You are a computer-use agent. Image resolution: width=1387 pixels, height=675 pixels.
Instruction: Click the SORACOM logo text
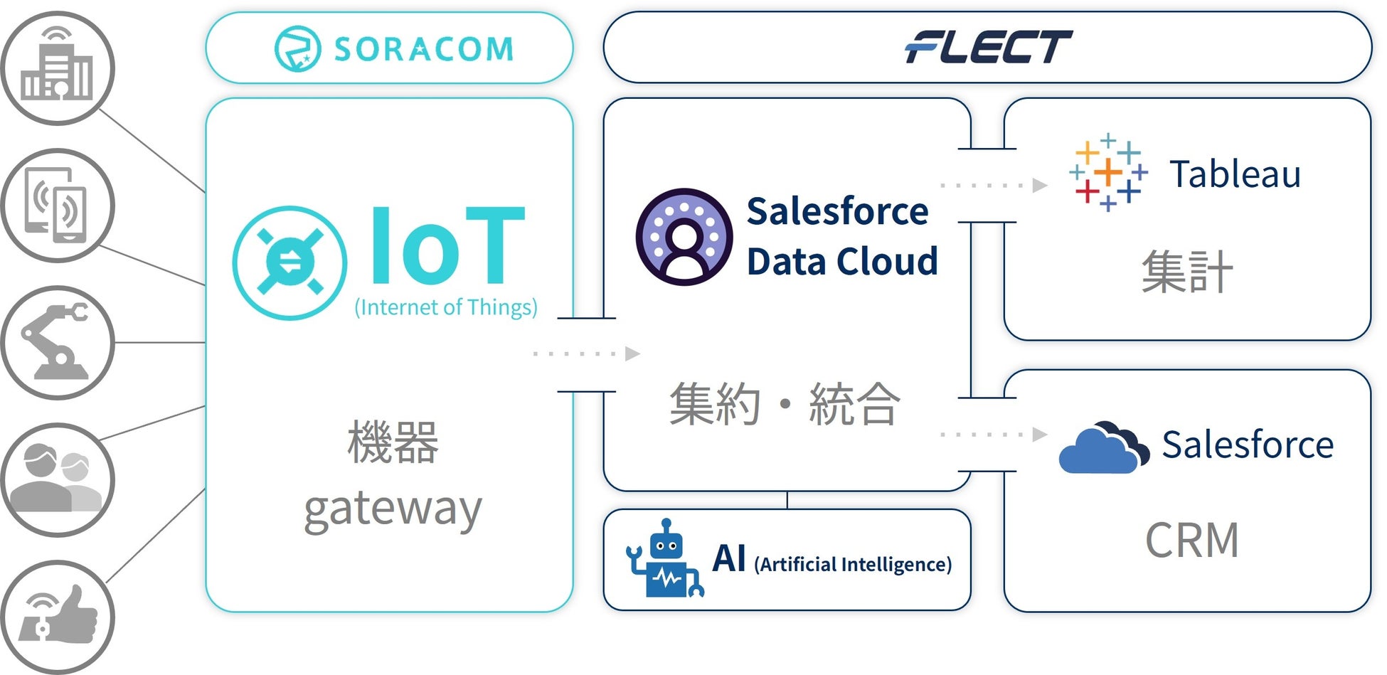coord(423,49)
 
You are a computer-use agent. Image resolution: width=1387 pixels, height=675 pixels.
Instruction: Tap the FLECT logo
coord(988,47)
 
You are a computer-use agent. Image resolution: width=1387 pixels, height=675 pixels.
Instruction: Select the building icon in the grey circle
coord(57,68)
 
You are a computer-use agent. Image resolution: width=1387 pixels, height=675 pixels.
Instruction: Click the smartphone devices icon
coord(57,206)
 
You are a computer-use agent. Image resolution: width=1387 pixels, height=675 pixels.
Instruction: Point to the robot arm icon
coord(57,342)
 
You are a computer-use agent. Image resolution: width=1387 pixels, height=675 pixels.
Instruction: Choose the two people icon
coord(57,479)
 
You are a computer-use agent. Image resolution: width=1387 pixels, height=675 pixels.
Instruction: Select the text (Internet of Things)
coord(446,307)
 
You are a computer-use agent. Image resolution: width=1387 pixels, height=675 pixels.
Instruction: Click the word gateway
coord(393,509)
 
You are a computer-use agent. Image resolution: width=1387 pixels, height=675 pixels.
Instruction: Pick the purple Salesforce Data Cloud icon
coord(684,237)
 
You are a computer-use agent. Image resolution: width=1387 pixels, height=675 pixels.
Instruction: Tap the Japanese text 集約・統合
coord(785,404)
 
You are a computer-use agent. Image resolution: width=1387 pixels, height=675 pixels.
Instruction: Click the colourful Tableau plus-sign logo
coord(1107,172)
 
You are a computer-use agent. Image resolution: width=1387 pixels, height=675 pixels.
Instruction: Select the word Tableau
coord(1235,174)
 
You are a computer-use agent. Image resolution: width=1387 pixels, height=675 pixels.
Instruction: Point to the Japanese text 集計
coord(1186,272)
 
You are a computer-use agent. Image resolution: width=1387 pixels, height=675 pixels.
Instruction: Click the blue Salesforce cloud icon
coord(1103,448)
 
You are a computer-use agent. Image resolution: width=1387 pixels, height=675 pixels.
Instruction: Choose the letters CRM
coord(1191,541)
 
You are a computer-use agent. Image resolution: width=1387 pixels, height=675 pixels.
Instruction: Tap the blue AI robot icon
coord(665,560)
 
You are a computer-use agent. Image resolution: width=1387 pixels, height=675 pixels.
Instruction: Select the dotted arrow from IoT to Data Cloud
coord(587,354)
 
